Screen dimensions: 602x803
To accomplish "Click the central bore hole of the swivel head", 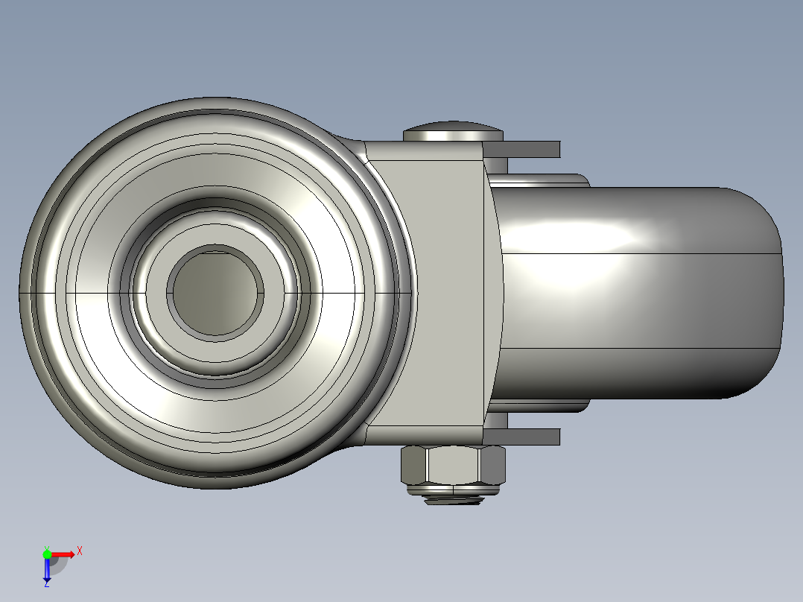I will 215,293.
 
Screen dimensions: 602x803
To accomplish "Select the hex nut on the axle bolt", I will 453,466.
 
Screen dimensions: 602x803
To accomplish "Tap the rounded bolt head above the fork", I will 453,132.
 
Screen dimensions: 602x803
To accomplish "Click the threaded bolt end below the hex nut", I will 453,500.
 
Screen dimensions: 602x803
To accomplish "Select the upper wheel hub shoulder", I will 540,180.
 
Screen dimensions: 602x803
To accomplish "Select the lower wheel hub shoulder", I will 540,406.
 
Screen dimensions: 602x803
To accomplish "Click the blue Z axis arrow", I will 47,570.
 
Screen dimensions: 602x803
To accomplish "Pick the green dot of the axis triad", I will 47,553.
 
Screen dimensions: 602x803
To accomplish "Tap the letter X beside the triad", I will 80,551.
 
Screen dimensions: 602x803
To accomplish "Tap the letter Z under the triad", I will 47,584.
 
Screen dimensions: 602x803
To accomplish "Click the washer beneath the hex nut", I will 453,489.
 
